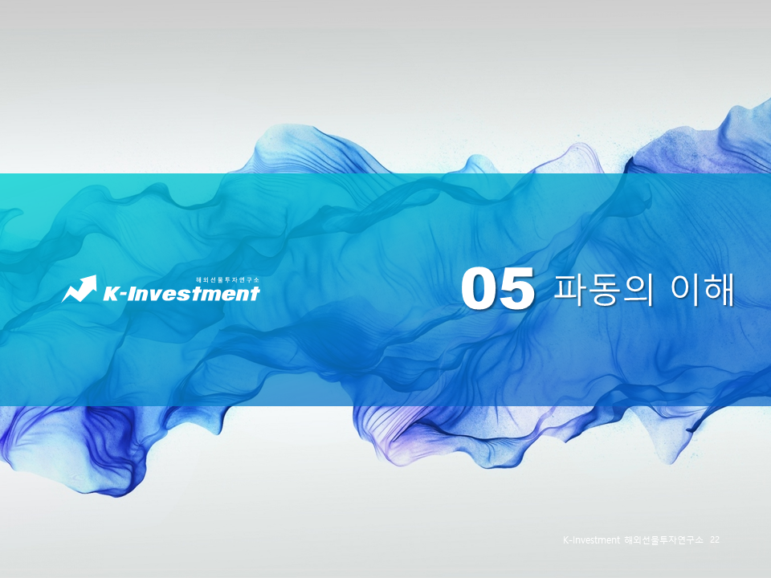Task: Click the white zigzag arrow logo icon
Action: point(79,290)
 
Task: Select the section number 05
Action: point(498,290)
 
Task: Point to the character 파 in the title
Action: point(572,290)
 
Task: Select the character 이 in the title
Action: point(684,290)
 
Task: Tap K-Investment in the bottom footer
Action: point(591,542)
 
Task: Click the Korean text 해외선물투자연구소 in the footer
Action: point(664,542)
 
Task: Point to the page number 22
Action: point(715,542)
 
